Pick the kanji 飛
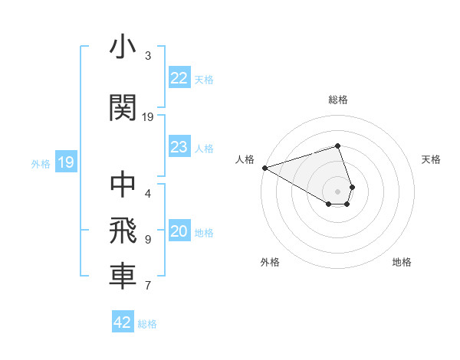pyautogui.click(x=123, y=231)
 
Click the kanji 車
pyautogui.click(x=123, y=277)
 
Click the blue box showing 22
pyautogui.click(x=179, y=78)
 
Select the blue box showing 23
pyautogui.click(x=179, y=147)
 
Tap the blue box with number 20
pyautogui.click(x=179, y=232)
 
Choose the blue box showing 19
pyautogui.click(x=66, y=162)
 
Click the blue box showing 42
pyautogui.click(x=123, y=322)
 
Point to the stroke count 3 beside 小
pyautogui.click(x=148, y=56)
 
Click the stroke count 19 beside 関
pyautogui.click(x=148, y=117)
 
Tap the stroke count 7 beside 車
pyautogui.click(x=148, y=286)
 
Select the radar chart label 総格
pyautogui.click(x=338, y=100)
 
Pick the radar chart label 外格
pyautogui.click(x=270, y=262)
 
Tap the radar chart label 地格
pyautogui.click(x=402, y=262)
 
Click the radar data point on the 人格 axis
pyautogui.click(x=264, y=168)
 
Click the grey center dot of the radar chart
pyautogui.click(x=338, y=191)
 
